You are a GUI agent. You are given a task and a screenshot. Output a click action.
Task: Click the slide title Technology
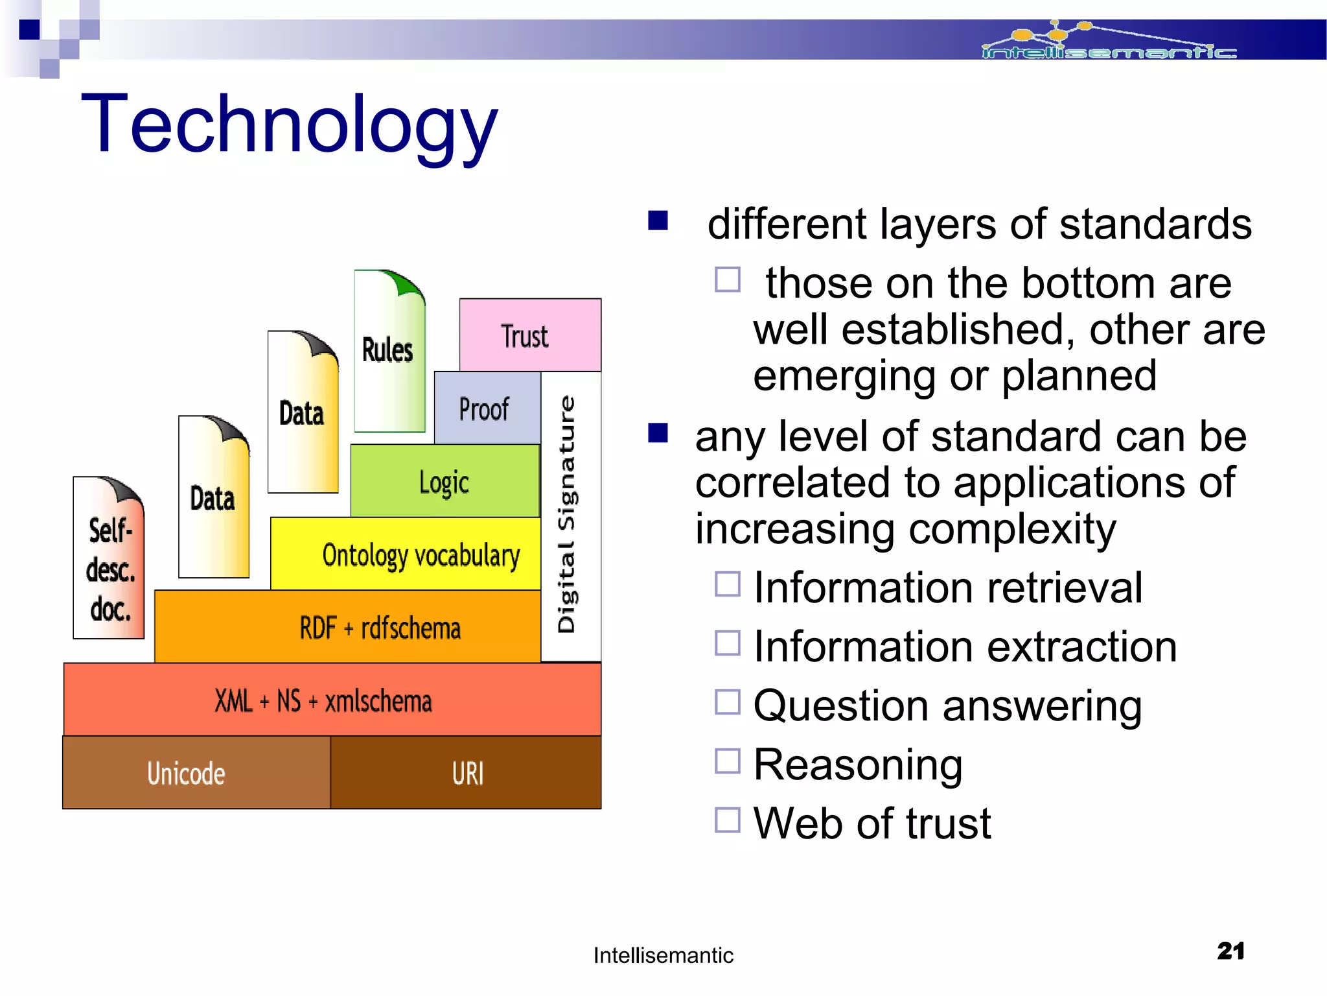tap(289, 124)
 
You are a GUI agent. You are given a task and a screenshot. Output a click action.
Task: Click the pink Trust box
tap(530, 335)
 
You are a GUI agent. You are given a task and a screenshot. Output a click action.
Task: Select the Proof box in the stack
tap(486, 409)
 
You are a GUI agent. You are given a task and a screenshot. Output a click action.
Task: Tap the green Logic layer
tap(444, 482)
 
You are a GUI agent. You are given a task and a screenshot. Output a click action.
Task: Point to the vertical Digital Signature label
tap(567, 515)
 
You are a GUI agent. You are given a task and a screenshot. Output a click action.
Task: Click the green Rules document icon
tap(389, 351)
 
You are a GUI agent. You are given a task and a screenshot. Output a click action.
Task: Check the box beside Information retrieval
tap(727, 584)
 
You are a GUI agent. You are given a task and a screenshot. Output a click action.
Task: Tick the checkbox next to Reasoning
tap(727, 761)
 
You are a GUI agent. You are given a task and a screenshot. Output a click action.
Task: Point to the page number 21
tap(1230, 951)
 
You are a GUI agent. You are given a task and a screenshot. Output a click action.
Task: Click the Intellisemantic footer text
tap(663, 955)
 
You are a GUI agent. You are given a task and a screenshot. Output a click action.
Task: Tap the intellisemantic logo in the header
tap(1108, 42)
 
